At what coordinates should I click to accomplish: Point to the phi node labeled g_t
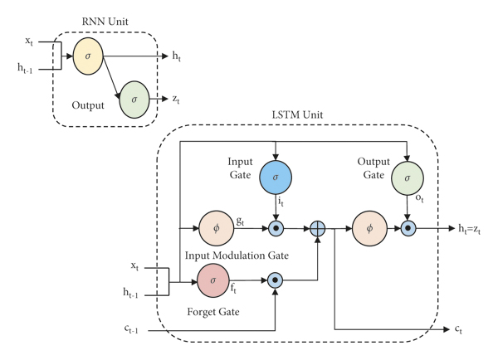click(x=216, y=226)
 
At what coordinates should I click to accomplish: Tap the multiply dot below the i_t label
click(x=274, y=226)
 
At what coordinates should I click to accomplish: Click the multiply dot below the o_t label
click(x=407, y=226)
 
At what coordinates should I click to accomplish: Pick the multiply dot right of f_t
click(x=274, y=280)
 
